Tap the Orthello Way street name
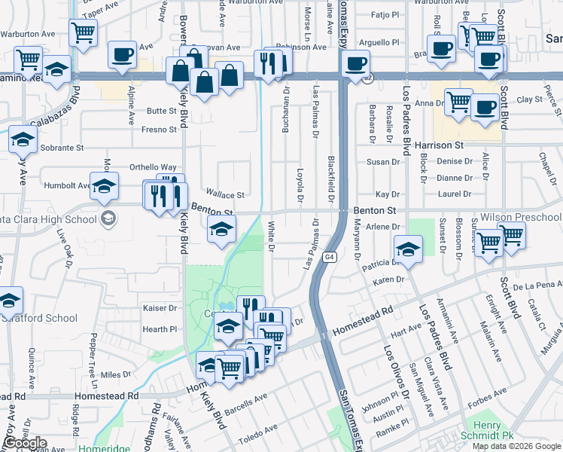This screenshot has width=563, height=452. (x=153, y=167)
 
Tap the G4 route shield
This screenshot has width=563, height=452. (x=330, y=258)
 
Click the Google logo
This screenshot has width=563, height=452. (x=25, y=443)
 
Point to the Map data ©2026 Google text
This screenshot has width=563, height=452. (x=516, y=446)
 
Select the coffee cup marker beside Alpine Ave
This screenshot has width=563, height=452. (x=122, y=54)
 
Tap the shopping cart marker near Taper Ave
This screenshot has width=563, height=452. (x=83, y=32)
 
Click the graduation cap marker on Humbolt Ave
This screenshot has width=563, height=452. (x=104, y=186)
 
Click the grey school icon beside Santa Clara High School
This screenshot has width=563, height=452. (x=109, y=218)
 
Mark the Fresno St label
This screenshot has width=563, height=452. (x=159, y=130)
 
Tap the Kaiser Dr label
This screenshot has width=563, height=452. (x=160, y=308)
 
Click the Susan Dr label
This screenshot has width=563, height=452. (x=383, y=162)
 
